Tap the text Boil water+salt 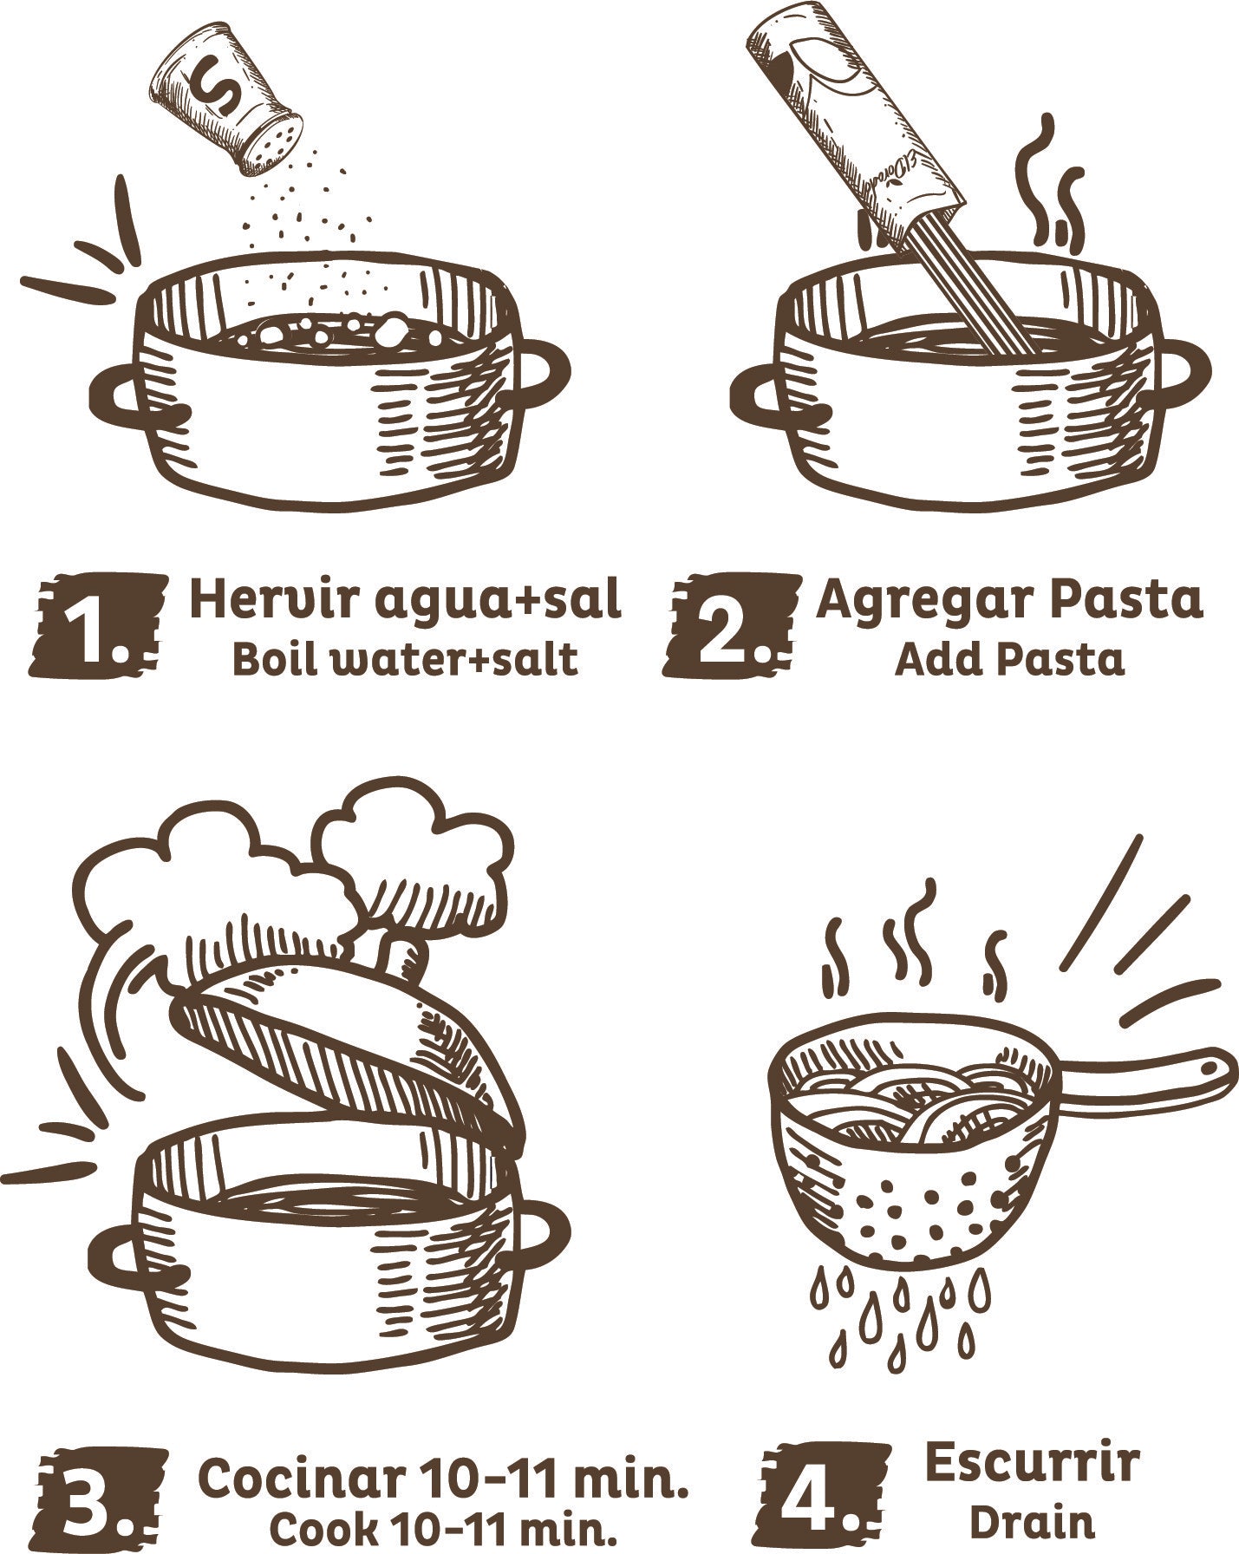click(x=404, y=661)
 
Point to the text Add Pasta click(x=1009, y=661)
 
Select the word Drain click(x=1031, y=1522)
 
